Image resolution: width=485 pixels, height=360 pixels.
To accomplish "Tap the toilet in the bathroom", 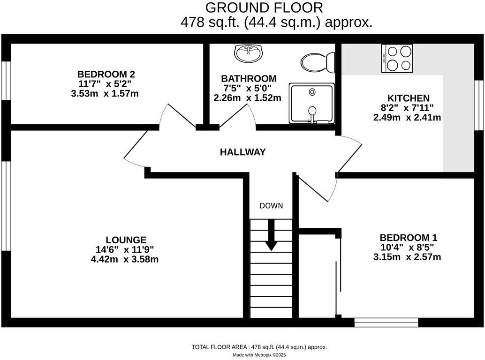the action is click(318, 62).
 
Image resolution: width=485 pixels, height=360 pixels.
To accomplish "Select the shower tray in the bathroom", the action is click(312, 103).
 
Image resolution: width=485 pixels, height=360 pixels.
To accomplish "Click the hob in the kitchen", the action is click(397, 59).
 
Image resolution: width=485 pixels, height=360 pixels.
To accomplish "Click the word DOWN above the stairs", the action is click(271, 206).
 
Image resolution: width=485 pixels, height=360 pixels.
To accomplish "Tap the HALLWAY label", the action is click(243, 152).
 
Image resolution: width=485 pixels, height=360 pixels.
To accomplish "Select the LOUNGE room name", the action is click(126, 240).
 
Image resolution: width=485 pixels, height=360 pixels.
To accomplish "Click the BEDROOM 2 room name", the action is click(106, 74).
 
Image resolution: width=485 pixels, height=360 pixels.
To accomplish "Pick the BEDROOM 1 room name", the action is click(408, 238).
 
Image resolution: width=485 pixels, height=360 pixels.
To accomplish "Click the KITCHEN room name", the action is click(408, 98).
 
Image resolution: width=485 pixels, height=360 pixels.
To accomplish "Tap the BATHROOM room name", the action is click(249, 78).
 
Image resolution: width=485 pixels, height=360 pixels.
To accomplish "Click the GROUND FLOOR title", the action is click(264, 7).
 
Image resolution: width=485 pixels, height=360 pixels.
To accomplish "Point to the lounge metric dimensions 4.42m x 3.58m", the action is click(125, 259).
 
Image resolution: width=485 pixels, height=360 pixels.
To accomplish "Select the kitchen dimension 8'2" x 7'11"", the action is click(407, 108).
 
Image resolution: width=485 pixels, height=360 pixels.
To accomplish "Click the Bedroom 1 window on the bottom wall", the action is click(386, 322).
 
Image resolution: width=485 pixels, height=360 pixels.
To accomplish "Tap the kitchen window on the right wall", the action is click(479, 105).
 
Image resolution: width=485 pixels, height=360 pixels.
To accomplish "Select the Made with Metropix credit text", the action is click(259, 355).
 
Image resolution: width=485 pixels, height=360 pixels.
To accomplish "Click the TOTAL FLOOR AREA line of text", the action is click(259, 347).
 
